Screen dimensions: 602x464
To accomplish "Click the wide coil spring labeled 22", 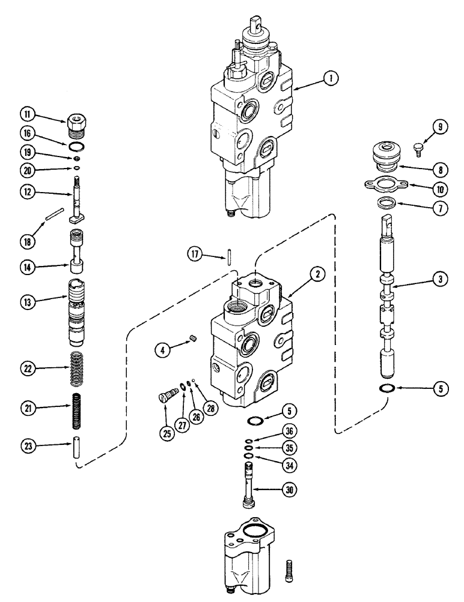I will pyautogui.click(x=76, y=368).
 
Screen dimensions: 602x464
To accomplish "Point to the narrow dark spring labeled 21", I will pyautogui.click(x=76, y=409).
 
